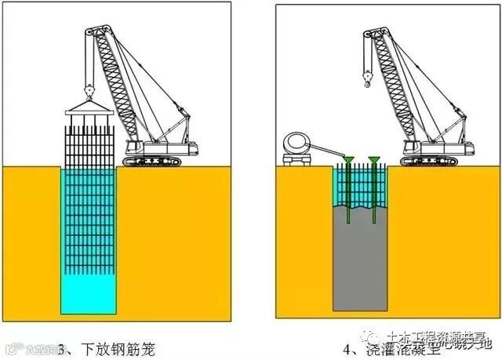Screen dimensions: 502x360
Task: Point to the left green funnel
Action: (347, 162)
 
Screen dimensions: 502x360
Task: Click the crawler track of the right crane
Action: (431, 160)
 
